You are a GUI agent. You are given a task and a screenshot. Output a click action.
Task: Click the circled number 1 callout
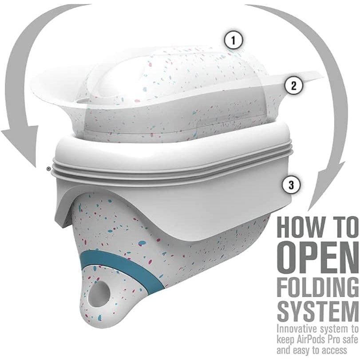(233, 41)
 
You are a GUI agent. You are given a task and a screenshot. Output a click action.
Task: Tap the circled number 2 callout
(294, 86)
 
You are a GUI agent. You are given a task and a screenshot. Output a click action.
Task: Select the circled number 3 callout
(291, 185)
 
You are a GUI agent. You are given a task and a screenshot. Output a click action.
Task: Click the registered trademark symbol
(48, 169)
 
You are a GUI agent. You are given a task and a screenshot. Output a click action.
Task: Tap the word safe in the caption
(351, 340)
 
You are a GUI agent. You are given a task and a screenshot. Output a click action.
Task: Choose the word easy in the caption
(299, 351)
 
